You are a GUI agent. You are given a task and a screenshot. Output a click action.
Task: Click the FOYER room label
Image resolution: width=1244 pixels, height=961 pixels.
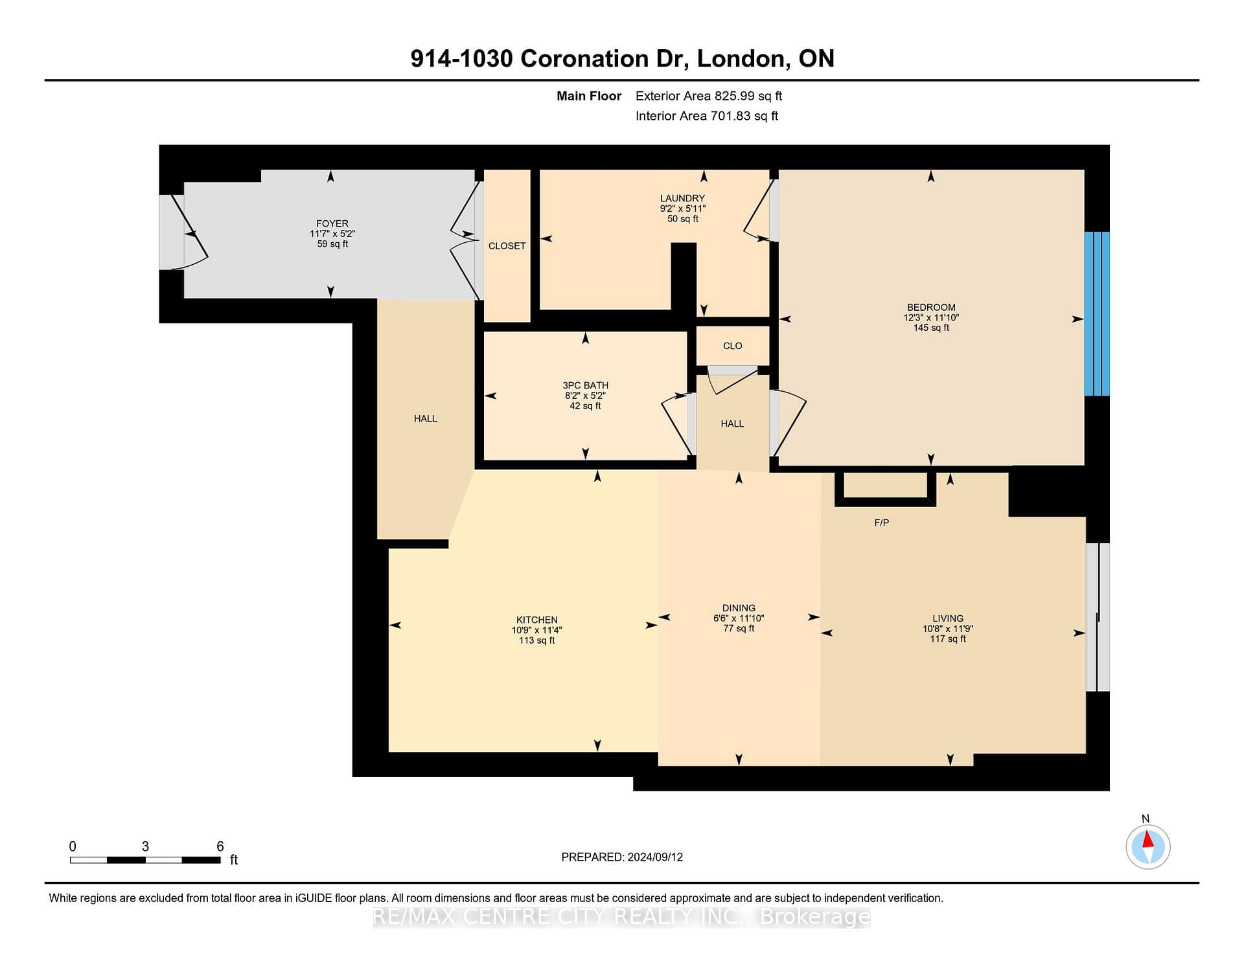click(x=332, y=223)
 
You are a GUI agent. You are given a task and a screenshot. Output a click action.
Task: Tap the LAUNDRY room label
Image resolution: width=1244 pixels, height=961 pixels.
click(x=682, y=198)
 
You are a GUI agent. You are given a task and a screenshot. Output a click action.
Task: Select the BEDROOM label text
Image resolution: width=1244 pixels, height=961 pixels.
click(x=931, y=308)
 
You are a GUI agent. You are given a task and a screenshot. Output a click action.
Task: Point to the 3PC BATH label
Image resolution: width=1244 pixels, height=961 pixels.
click(x=586, y=385)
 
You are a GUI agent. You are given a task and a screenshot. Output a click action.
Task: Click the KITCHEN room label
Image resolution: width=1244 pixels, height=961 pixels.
click(x=537, y=620)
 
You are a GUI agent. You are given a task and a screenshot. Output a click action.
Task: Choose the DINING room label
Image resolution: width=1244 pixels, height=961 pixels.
click(x=739, y=608)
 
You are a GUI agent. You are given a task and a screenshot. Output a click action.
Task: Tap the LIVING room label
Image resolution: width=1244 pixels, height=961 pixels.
click(x=948, y=618)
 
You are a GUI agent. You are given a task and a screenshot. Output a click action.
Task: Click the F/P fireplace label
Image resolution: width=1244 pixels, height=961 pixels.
click(x=882, y=523)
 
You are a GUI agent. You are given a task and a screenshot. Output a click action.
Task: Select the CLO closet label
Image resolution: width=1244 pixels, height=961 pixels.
click(x=733, y=346)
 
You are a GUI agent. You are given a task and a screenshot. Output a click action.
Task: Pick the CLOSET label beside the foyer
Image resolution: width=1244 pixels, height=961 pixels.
click(x=507, y=246)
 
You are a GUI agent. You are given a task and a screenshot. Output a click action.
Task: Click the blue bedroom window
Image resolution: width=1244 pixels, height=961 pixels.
click(x=1097, y=313)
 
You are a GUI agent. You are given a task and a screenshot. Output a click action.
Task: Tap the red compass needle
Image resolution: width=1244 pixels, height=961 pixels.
click(x=1147, y=839)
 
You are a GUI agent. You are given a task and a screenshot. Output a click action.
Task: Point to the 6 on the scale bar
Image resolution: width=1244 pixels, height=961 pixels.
click(x=220, y=846)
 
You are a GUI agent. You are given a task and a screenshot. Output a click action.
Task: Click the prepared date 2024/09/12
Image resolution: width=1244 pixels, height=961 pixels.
click(x=655, y=857)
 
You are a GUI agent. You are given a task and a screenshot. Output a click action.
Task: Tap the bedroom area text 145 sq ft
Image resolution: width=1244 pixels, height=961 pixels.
click(x=931, y=328)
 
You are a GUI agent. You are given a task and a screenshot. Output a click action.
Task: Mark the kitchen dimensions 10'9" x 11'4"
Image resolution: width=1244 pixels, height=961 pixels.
click(x=537, y=630)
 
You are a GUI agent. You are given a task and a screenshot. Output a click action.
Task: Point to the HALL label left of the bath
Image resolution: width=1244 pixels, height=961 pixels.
click(x=426, y=419)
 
